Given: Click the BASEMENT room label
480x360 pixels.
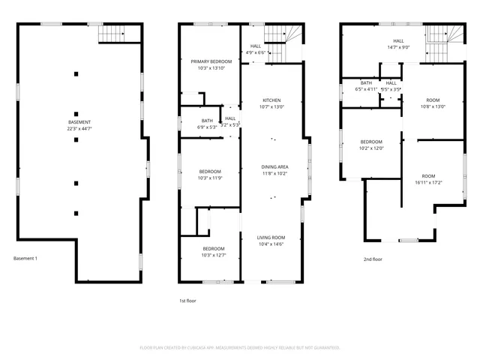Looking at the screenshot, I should point(79,122).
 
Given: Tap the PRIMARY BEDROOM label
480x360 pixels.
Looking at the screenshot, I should point(211,61).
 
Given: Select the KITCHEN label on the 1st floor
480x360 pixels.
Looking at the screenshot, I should point(271,100).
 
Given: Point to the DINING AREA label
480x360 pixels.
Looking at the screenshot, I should point(274,166).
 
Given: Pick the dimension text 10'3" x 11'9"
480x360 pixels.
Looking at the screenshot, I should point(211,178).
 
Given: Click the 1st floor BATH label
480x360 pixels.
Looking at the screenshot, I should point(206,121).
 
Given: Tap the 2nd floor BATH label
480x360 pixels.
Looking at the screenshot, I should point(366,82).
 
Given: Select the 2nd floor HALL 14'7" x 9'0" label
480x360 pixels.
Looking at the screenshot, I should point(398,41).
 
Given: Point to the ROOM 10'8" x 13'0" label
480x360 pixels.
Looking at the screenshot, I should point(432,100).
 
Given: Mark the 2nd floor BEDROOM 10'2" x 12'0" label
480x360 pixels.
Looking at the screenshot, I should point(371,142).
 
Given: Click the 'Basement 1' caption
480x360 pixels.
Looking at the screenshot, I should point(25,259).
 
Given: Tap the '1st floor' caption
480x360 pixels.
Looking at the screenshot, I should point(187,300).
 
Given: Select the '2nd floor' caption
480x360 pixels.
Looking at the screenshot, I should point(373,259).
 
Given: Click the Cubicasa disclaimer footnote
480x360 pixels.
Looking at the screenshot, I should point(240,347).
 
